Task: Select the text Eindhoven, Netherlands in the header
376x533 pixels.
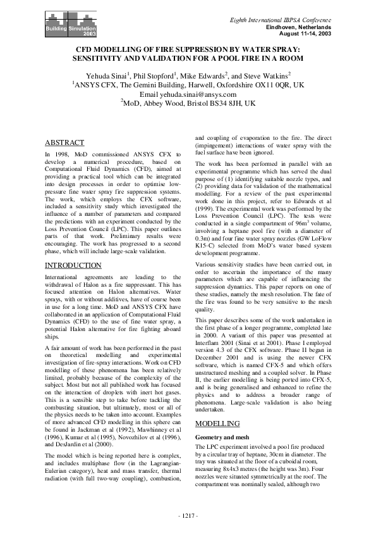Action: pyautogui.click(x=300, y=28)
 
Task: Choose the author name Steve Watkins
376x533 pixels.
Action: pyautogui.click(x=265, y=75)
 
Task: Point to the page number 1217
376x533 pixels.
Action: pyautogui.click(x=188, y=516)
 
